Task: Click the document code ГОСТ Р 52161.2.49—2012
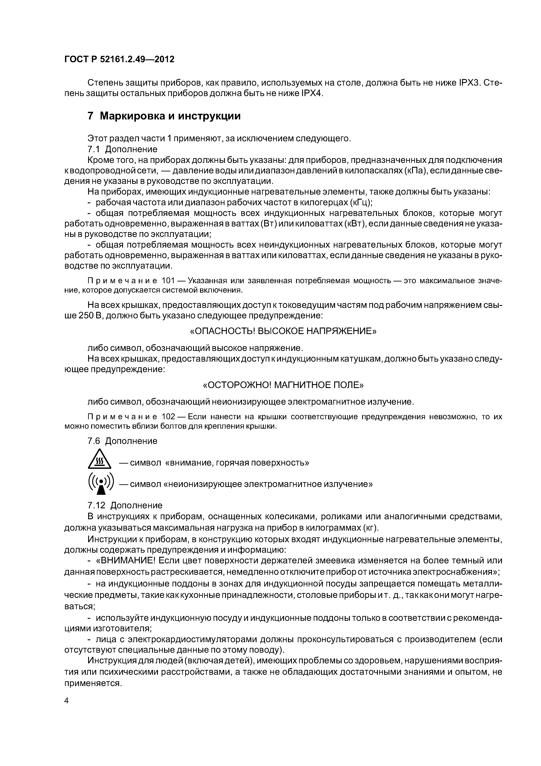tap(119, 59)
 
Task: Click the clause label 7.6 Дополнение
tap(122, 441)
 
